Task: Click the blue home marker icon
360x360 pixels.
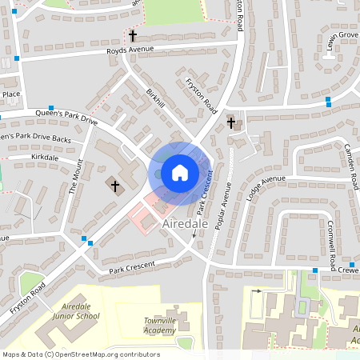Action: pos(180,172)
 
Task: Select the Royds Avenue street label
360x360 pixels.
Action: pos(129,50)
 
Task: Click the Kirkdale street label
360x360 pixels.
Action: pos(45,158)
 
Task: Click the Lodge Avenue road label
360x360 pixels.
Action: pos(266,188)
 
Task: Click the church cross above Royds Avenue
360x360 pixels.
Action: pos(133,36)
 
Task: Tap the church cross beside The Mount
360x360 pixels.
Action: pos(114,186)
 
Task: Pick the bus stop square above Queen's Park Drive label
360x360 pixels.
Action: pos(51,108)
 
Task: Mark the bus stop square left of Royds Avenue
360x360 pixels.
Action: pos(17,58)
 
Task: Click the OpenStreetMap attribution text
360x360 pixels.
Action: pos(80,354)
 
